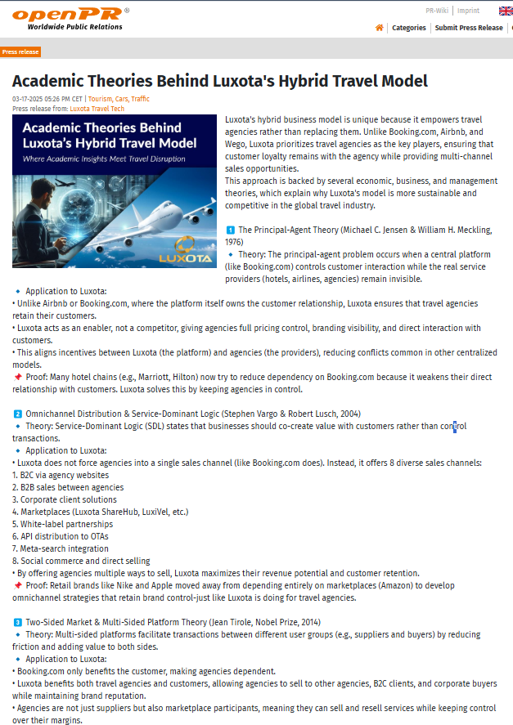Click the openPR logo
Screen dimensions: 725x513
(70, 16)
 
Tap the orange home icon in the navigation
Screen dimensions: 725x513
(379, 27)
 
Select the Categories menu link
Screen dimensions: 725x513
(409, 28)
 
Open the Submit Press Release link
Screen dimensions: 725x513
(469, 28)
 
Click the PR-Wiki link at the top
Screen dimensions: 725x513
(436, 11)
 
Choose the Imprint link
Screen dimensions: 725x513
(469, 11)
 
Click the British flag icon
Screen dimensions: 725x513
(506, 11)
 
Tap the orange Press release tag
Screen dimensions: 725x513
(20, 51)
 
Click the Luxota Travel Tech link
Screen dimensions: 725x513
(97, 108)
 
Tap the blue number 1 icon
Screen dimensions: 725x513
(230, 230)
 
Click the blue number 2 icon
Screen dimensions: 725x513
(17, 414)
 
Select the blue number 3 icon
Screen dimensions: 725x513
(17, 622)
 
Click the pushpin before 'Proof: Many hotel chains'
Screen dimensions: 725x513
(18, 377)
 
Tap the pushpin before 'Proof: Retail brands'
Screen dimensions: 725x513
(18, 585)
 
